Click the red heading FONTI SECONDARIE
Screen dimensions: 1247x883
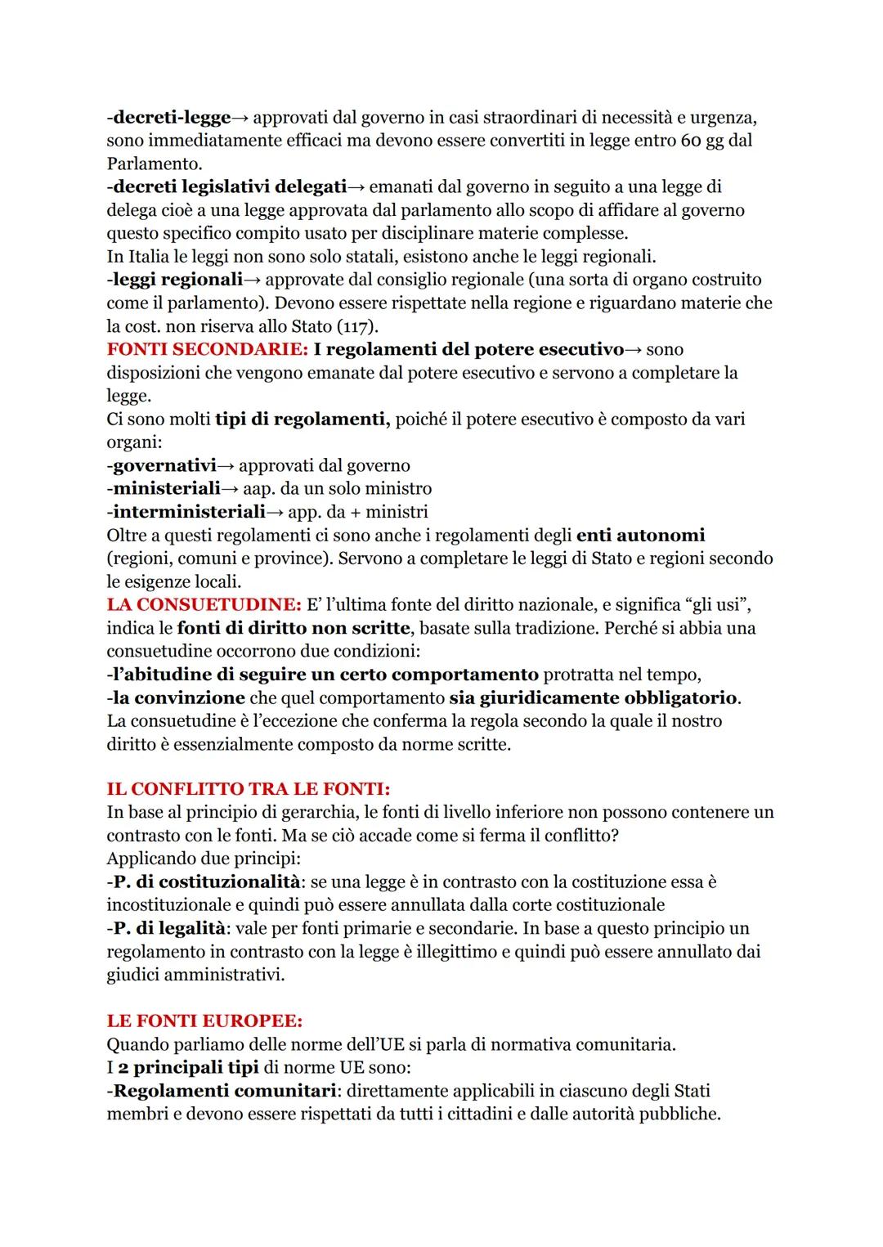207,349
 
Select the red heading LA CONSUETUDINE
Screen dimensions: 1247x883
204,605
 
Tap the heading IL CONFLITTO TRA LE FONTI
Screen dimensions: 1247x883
249,789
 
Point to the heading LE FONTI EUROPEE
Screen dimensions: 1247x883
204,1021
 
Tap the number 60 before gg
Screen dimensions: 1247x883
691,141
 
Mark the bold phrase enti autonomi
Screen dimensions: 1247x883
640,536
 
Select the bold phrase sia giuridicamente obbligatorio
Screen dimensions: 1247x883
593,698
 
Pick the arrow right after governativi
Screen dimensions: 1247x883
226,466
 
